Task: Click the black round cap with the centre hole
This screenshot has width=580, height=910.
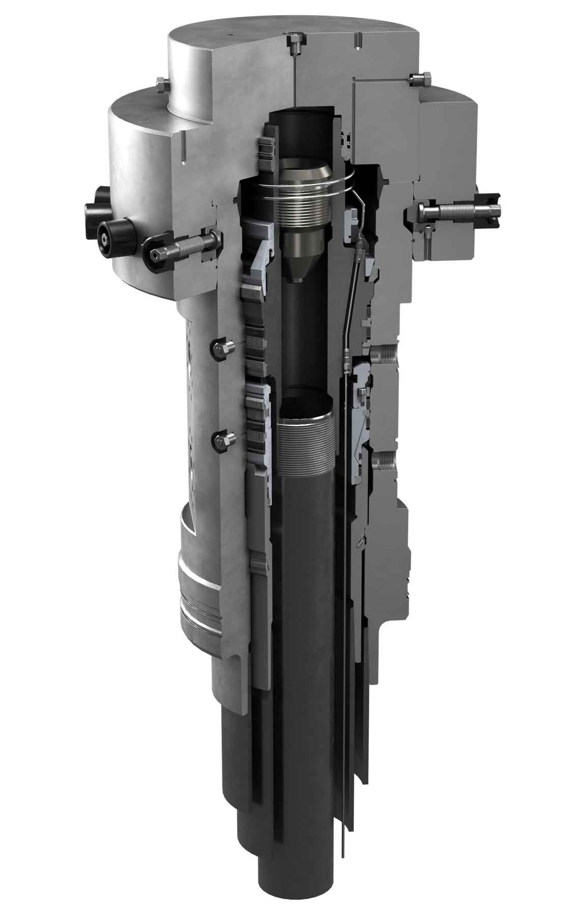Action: [x=109, y=235]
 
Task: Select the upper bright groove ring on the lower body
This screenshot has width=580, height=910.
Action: [x=198, y=576]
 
